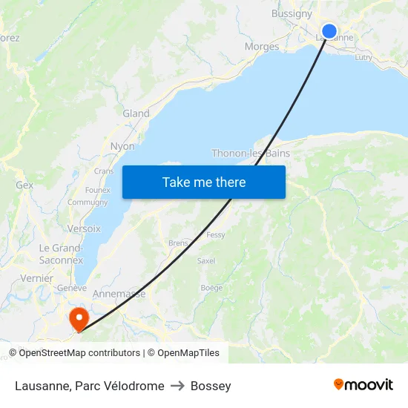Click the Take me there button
click(204, 182)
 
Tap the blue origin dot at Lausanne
click(329, 32)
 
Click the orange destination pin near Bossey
click(78, 319)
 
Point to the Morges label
click(262, 47)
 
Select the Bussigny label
click(292, 13)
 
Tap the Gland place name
click(136, 113)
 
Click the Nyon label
click(122, 146)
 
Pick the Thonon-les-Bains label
click(251, 154)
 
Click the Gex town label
click(24, 185)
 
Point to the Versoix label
click(84, 228)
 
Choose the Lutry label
click(363, 57)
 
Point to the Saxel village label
click(205, 261)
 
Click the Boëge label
click(211, 288)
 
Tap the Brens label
click(178, 243)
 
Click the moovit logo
click(363, 385)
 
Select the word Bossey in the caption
click(211, 386)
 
